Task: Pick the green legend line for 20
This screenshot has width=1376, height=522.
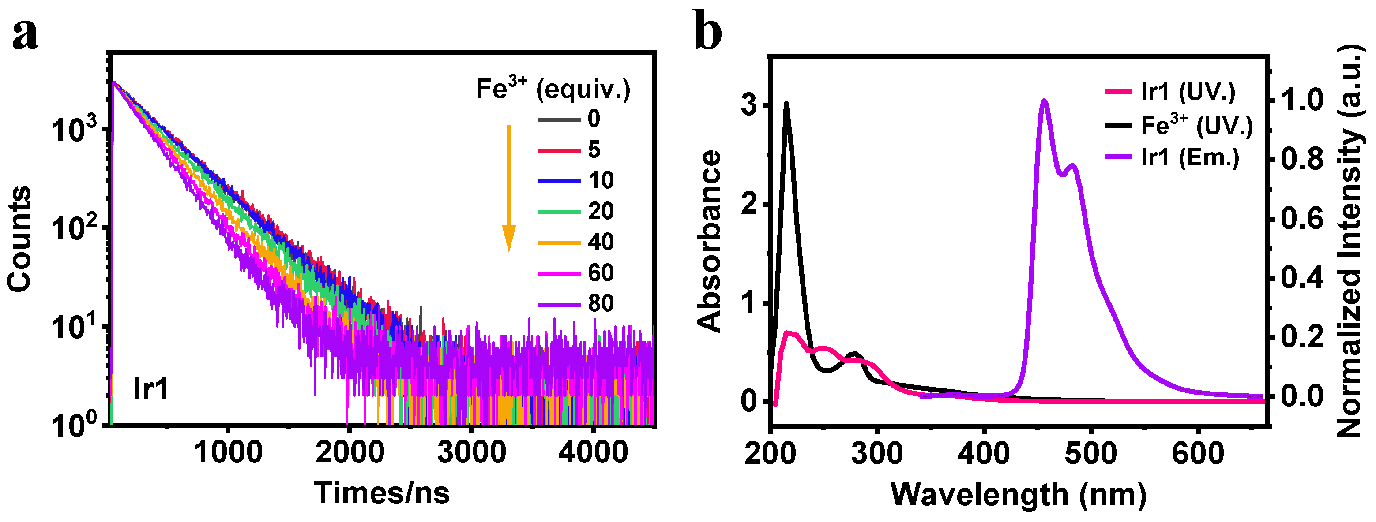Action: tap(559, 212)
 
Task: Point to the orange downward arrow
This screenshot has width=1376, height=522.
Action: tap(508, 187)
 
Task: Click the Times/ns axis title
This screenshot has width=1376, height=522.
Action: tap(381, 492)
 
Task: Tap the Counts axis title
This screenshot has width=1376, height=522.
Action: tap(19, 239)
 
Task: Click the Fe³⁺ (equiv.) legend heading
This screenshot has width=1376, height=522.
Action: tap(553, 89)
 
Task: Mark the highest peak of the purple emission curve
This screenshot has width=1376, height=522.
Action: tap(1045, 101)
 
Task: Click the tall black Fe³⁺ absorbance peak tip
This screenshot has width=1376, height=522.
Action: tap(786, 103)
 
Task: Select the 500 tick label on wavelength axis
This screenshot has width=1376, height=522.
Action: tap(1091, 454)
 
